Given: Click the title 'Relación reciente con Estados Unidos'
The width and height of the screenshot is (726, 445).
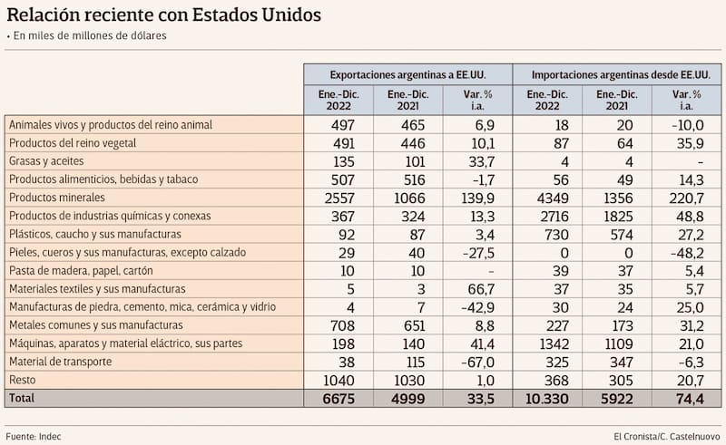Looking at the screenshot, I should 164,15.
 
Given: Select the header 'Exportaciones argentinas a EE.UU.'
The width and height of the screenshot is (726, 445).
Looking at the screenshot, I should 407,74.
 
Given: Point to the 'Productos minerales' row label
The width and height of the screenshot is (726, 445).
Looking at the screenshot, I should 56,197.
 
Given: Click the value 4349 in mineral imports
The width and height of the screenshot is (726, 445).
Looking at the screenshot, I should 547,197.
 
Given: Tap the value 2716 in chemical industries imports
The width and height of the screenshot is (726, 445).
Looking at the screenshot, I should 547,215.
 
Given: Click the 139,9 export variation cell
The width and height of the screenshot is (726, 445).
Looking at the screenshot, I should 476,197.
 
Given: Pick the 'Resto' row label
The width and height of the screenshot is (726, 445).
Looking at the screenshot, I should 22,379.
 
